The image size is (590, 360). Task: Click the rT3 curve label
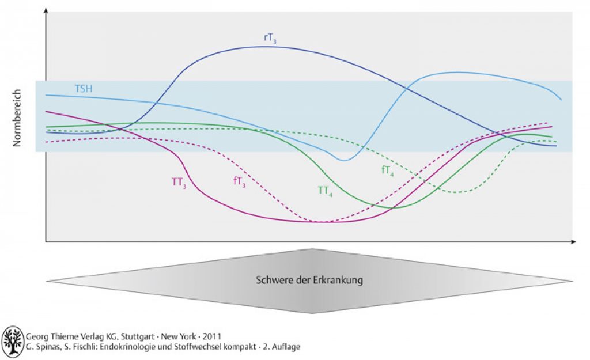click(270, 39)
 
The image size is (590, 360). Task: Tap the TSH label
click(84, 89)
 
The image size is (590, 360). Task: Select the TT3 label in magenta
click(179, 183)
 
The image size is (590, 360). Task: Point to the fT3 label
click(239, 182)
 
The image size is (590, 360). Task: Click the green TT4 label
click(325, 191)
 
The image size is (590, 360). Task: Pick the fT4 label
click(388, 170)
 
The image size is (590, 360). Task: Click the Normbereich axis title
click(17, 118)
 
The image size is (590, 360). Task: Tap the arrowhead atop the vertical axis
click(46, 10)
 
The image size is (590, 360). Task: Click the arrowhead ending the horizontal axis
click(573, 242)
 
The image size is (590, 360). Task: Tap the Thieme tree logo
click(13, 342)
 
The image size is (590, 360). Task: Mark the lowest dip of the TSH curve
click(343, 161)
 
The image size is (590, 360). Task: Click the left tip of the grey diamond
click(46, 281)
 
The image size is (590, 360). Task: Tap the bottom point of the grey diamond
click(312, 313)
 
